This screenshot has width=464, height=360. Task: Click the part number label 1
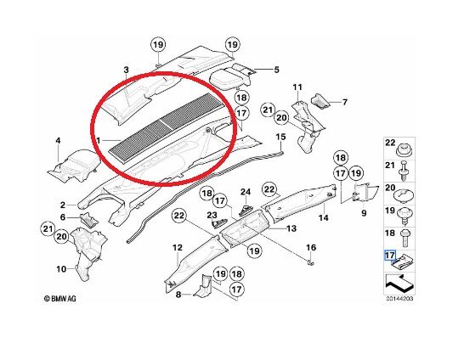point(98,140)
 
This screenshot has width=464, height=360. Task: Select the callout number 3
point(127,70)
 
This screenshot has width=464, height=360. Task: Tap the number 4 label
point(58,140)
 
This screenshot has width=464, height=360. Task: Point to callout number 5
point(276,70)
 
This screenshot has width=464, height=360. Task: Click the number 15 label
point(281,137)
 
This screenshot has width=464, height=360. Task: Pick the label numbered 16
point(311,247)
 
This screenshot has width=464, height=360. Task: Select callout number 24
point(246,192)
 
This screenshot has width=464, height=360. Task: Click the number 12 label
point(178,247)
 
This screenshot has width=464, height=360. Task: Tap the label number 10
point(61,269)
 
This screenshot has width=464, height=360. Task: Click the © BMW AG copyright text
point(59,299)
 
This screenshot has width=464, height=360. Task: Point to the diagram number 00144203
point(399,299)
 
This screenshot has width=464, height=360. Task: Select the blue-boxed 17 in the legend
point(390,256)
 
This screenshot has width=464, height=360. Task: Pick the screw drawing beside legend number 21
point(405,171)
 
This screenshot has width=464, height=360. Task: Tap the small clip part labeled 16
point(310,262)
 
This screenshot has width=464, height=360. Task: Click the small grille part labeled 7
point(320,100)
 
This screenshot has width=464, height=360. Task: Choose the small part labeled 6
point(89,220)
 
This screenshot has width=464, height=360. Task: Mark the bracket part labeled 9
point(366,191)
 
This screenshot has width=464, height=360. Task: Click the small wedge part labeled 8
point(203,286)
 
